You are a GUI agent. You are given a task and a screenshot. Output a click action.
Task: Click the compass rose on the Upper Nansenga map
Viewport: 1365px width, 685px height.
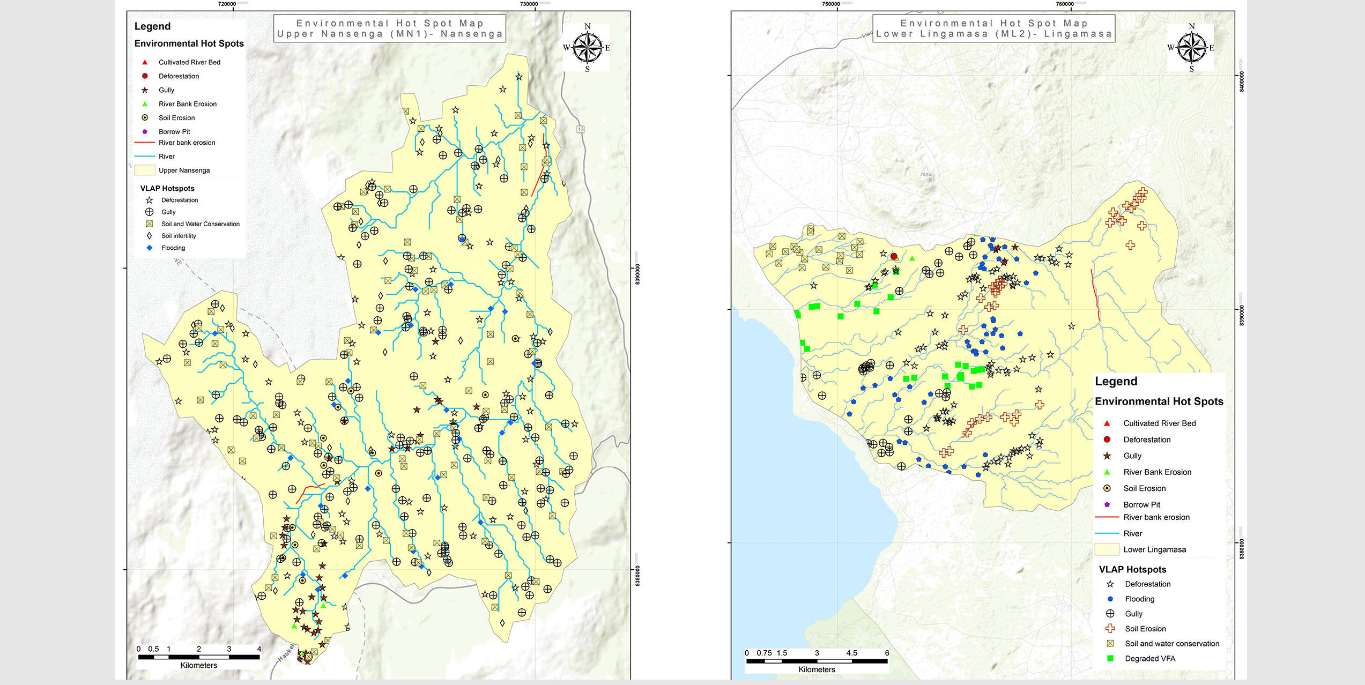click(588, 48)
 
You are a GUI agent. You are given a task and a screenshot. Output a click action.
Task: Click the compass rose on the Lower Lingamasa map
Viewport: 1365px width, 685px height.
click(1192, 48)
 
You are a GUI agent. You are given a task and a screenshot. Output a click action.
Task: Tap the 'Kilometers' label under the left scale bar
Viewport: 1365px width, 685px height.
click(198, 665)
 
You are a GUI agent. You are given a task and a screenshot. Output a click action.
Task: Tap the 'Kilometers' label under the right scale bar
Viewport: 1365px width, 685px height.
click(817, 669)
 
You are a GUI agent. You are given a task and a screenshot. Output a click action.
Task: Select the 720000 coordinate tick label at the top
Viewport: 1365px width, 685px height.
click(227, 4)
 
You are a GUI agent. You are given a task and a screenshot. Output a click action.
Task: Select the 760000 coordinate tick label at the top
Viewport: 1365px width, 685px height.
click(1065, 4)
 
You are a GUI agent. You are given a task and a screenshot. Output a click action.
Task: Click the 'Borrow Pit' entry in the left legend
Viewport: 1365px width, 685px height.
click(174, 131)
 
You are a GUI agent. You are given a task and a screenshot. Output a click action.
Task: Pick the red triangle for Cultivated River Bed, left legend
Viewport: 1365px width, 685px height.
click(145, 62)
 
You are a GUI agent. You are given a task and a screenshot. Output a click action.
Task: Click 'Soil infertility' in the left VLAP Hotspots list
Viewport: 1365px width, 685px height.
click(179, 236)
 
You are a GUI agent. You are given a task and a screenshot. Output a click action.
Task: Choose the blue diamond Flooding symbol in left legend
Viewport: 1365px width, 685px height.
click(150, 248)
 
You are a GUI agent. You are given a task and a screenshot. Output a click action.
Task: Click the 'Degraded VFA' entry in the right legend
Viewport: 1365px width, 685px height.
click(1149, 658)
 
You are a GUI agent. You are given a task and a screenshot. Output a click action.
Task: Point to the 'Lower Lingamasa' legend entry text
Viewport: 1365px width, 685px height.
click(1154, 549)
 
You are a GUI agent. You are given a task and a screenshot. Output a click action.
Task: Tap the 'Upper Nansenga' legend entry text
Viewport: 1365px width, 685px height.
click(184, 170)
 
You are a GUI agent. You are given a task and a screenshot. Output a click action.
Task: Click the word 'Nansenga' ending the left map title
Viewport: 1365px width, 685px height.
click(471, 34)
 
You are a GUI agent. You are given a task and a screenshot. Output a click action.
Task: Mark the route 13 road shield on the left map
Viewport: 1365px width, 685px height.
click(581, 129)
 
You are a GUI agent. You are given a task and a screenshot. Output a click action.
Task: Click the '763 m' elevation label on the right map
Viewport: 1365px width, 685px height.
click(926, 175)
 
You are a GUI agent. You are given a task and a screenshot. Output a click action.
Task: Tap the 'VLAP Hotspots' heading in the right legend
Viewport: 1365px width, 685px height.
click(1132, 569)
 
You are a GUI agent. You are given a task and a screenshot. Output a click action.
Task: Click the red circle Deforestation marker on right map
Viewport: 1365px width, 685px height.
click(894, 256)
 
